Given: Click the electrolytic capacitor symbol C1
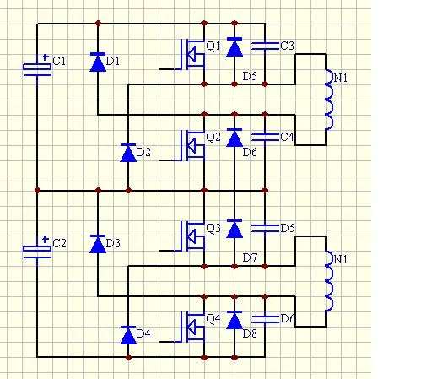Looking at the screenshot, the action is tap(37, 69).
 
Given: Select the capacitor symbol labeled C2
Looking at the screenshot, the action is tap(37, 252).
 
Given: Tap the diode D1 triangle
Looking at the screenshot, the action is tap(98, 62).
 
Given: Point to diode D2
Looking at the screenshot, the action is tap(128, 153).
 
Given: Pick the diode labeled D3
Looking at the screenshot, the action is tap(98, 244).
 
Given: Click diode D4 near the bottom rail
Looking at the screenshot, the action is tap(128, 335).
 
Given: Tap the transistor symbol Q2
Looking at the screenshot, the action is tap(189, 146).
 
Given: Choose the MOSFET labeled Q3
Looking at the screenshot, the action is tap(189, 236).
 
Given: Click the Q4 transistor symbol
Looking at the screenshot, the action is tap(189, 328).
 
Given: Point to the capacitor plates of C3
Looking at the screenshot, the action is tap(265, 46).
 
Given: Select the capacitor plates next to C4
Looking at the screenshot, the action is tap(265, 137).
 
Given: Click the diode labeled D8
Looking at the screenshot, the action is tap(235, 320).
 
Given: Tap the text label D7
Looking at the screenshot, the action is tap(250, 257).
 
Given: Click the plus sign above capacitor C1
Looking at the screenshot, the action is tap(45, 57).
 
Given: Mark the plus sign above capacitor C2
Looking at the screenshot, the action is tap(45, 240).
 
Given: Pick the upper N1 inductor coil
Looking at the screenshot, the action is tap(329, 100).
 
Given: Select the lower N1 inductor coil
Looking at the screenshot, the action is tap(329, 282).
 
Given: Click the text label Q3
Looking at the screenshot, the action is tap(213, 229).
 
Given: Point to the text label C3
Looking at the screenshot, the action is tap(287, 46).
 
